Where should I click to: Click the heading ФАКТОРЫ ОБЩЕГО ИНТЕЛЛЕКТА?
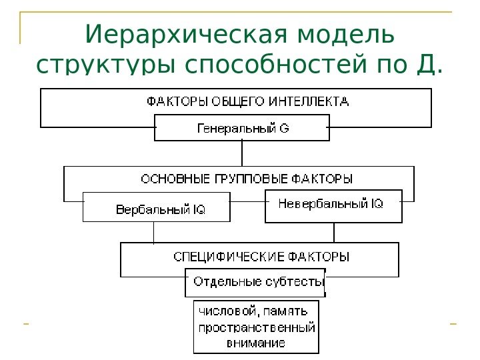pyautogui.click(x=247, y=102)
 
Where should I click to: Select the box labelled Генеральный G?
pyautogui.click(x=242, y=128)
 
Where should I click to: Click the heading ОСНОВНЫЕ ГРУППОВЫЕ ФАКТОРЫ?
pyautogui.click(x=247, y=179)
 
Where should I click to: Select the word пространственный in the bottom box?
pyautogui.click(x=257, y=328)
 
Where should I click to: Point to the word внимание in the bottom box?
pyautogui.click(x=256, y=344)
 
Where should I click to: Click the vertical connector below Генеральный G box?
pyautogui.click(x=242, y=153)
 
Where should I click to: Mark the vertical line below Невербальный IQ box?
pyautogui.click(x=334, y=233)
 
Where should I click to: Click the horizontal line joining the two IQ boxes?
pyautogui.click(x=247, y=200)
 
